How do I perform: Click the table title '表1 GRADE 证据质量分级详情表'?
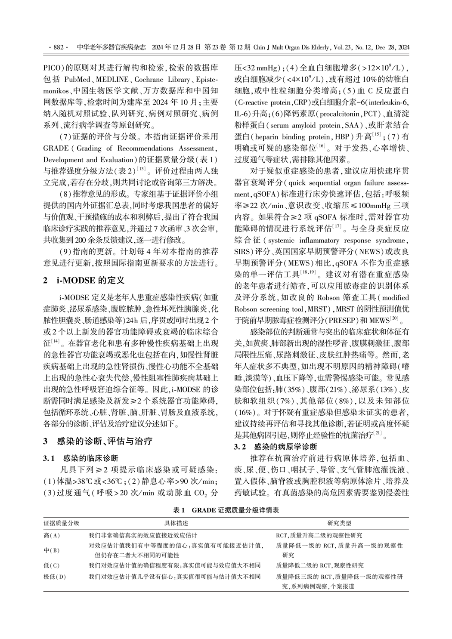[x=226, y=510]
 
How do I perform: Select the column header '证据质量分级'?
[x=62, y=523]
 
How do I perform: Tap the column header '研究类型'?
[x=339, y=523]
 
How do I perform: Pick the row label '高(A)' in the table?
[x=52, y=536]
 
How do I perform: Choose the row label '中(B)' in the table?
[x=52, y=550]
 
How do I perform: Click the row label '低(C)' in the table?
[x=52, y=565]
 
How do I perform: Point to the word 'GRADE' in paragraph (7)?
[x=56, y=148]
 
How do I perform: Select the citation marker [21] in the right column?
[x=377, y=434]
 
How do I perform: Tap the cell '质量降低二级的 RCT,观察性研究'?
[x=319, y=565]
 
